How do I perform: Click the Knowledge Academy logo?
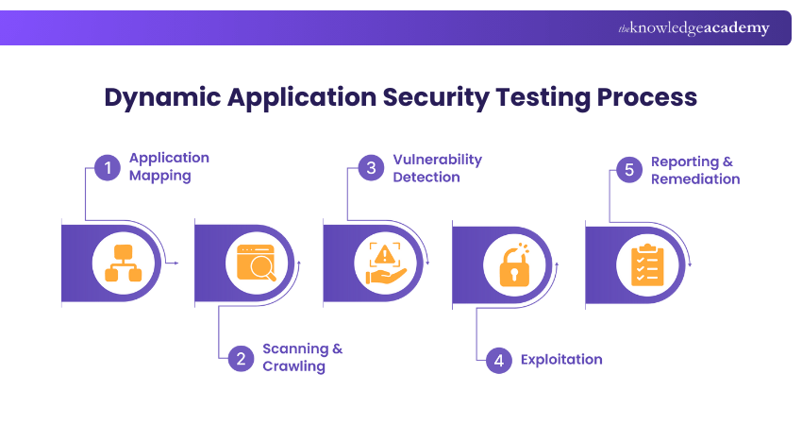(x=693, y=28)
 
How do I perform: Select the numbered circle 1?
(x=108, y=169)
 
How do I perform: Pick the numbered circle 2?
(x=241, y=358)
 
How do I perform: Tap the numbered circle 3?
(x=372, y=169)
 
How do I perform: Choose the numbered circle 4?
(x=499, y=359)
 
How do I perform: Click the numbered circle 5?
(x=628, y=170)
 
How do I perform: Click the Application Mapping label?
(x=169, y=166)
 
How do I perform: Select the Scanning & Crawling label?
(x=302, y=357)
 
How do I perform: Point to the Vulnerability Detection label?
(x=437, y=167)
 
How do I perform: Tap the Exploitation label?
(x=561, y=359)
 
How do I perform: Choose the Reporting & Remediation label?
(x=694, y=170)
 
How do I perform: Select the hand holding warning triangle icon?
(x=386, y=263)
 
